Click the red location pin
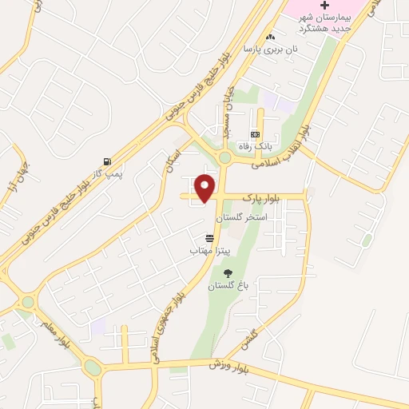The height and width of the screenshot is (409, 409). coord(205,188)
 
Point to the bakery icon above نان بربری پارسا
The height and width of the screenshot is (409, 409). coord(270,37)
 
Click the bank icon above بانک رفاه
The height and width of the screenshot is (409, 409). coord(255,134)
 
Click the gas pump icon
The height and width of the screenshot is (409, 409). coord(108,161)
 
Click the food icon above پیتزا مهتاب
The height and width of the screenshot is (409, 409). coord(209,238)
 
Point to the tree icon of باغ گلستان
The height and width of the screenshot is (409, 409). coord(228,273)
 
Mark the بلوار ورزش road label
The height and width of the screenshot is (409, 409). coord(224,365)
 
